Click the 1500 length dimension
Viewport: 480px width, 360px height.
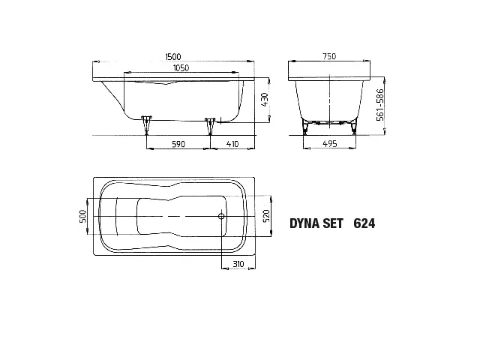173,57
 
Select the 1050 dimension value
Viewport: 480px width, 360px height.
181,67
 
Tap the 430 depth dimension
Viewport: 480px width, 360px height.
265,100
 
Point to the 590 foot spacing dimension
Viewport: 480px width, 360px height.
178,144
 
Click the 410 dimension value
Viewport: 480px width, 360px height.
232,144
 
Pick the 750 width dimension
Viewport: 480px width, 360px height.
329,56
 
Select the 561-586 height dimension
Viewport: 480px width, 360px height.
380,105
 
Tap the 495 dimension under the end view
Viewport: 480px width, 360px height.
330,143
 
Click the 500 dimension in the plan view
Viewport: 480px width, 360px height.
83,216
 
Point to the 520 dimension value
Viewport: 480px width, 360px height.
266,216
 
